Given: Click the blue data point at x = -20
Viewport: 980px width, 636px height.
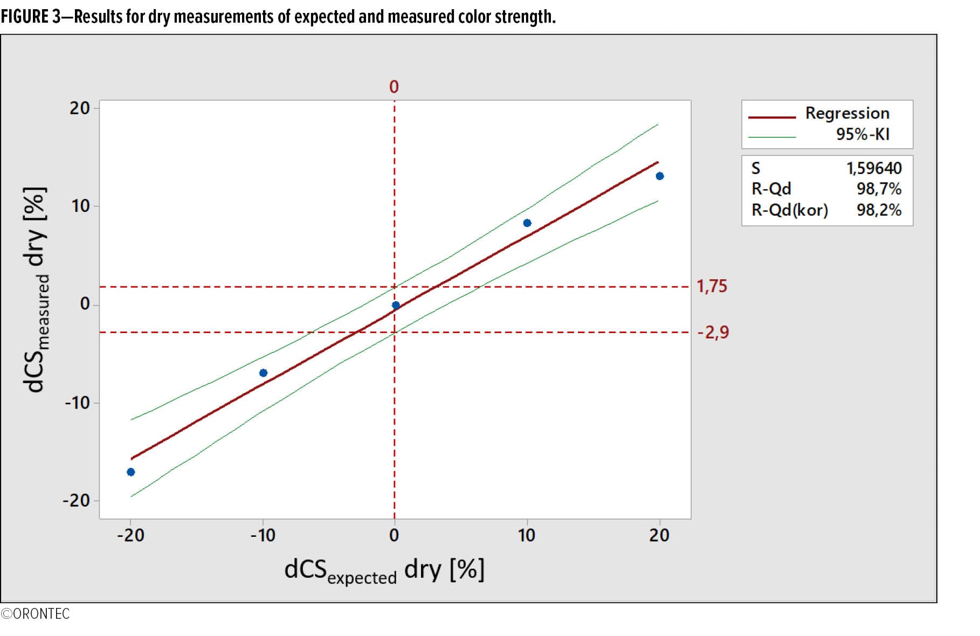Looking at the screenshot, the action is click(130, 472).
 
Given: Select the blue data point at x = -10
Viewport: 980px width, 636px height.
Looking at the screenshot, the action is click(263, 373).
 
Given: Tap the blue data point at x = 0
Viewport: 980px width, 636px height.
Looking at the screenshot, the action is click(396, 306).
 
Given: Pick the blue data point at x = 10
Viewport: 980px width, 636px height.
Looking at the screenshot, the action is click(527, 223).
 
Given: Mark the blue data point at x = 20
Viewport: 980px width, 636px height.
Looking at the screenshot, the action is click(660, 176).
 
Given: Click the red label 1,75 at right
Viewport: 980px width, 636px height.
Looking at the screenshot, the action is click(712, 286).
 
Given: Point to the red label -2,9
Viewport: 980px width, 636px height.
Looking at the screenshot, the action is click(713, 332).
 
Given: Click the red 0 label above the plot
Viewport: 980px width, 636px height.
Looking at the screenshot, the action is click(394, 87).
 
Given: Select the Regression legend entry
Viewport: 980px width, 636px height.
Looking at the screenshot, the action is click(847, 113).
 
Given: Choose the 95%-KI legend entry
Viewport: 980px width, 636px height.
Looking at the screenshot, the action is click(862, 134).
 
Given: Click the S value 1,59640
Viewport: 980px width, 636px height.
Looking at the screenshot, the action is click(874, 168).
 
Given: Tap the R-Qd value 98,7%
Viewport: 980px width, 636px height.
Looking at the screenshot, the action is click(879, 189).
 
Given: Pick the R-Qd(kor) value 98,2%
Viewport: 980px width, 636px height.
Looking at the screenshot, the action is click(879, 210).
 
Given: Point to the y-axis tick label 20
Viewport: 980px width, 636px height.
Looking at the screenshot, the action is click(79, 108).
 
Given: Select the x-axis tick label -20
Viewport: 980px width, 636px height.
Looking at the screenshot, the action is click(130, 535).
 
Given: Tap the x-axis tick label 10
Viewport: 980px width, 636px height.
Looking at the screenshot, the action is click(527, 535).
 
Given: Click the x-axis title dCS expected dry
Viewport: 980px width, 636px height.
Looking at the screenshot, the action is click(384, 571).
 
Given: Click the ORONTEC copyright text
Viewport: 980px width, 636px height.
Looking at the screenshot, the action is click(36, 614).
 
